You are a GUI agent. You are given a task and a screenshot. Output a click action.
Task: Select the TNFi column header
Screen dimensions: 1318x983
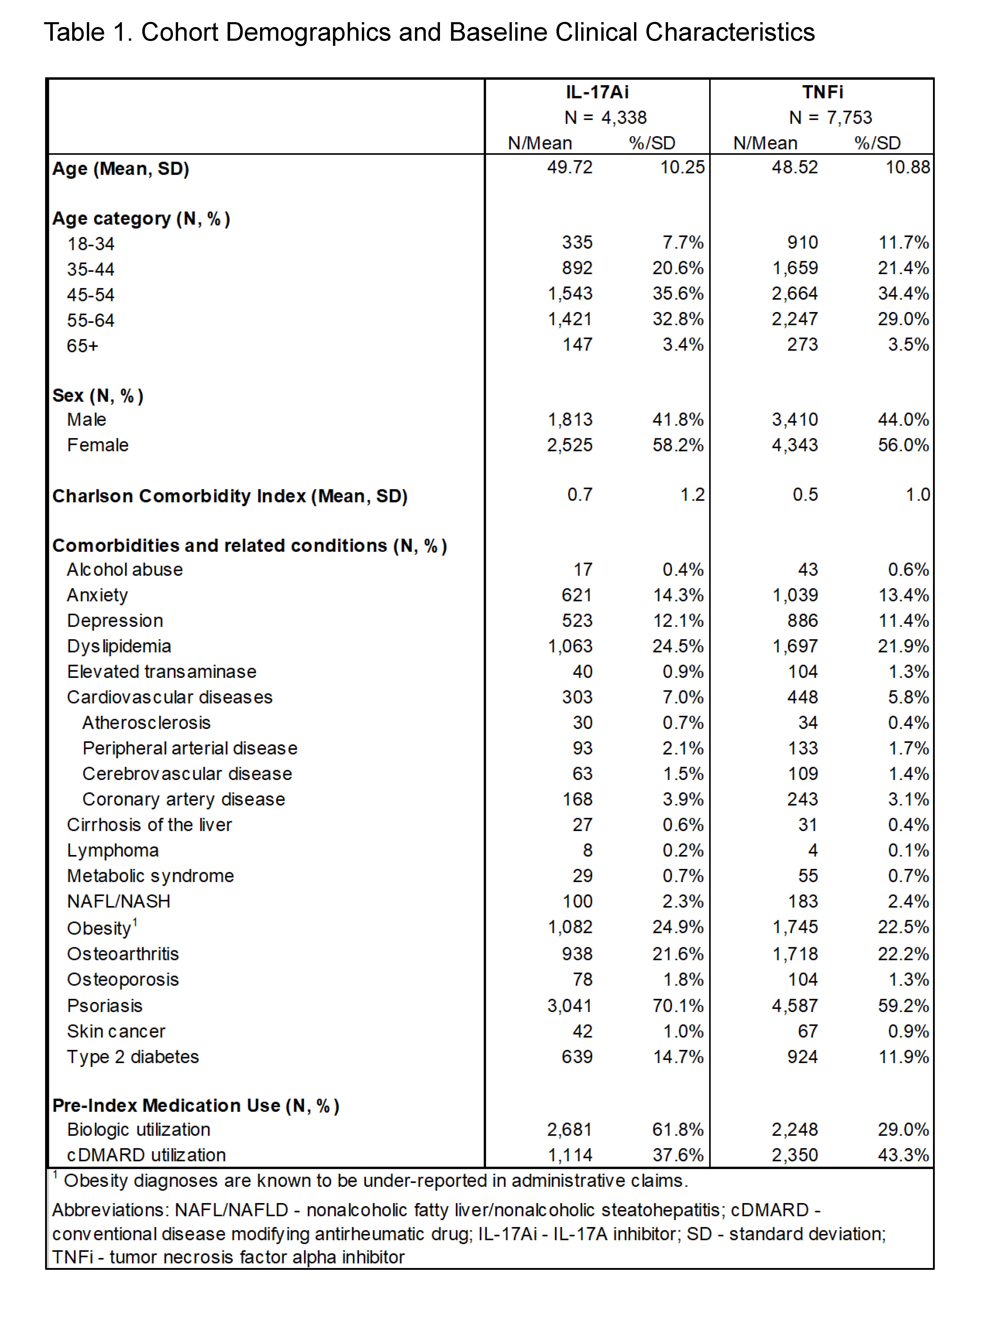pos(822,92)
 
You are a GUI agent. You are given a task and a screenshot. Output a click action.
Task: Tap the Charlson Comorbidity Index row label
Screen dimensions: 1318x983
pos(230,496)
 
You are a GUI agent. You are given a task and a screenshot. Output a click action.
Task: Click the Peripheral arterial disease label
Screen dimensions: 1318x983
pos(190,748)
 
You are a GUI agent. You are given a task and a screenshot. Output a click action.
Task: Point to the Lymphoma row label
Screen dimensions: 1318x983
pos(112,851)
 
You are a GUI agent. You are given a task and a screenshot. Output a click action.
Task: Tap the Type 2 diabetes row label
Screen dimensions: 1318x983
pos(133,1057)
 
